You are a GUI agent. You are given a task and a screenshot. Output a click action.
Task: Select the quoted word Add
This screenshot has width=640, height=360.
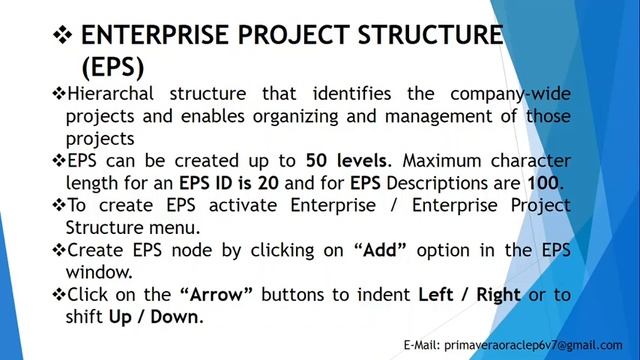(380, 249)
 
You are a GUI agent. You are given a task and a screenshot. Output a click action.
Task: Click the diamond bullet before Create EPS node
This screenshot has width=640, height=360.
(59, 249)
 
